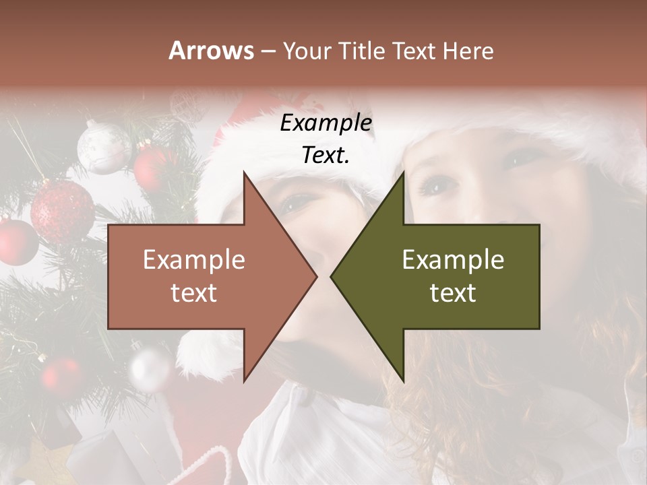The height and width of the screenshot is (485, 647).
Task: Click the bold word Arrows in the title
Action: coord(212,51)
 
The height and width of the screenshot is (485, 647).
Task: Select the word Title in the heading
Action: coord(363,51)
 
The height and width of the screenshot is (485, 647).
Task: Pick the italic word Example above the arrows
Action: coord(326,123)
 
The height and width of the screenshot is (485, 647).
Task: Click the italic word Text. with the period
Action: coord(326,155)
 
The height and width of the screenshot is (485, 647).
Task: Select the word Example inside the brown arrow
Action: coord(193,260)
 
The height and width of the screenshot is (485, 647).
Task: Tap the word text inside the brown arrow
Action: coord(193,293)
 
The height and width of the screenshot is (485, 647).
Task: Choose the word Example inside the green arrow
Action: coord(453,260)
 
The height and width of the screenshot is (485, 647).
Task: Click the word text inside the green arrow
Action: coord(453,293)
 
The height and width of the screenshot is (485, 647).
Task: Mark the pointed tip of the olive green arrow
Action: coord(332,276)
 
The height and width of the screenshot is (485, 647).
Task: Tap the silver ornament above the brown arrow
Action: coord(103,146)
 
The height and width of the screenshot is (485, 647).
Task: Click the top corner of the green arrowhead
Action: coord(403,172)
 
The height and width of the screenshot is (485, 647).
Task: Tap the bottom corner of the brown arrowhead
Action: coord(244,381)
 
